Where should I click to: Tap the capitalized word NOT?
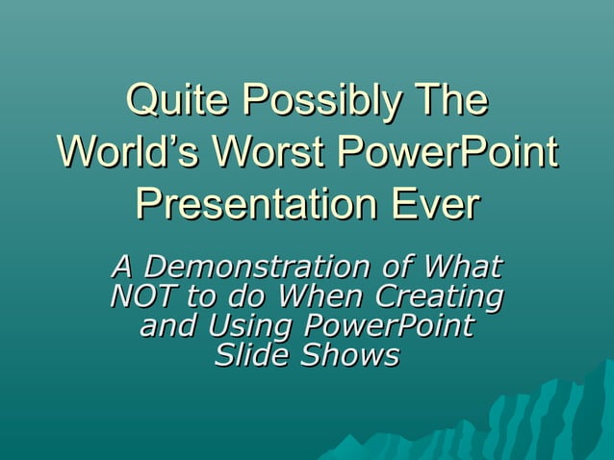tap(142, 294)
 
